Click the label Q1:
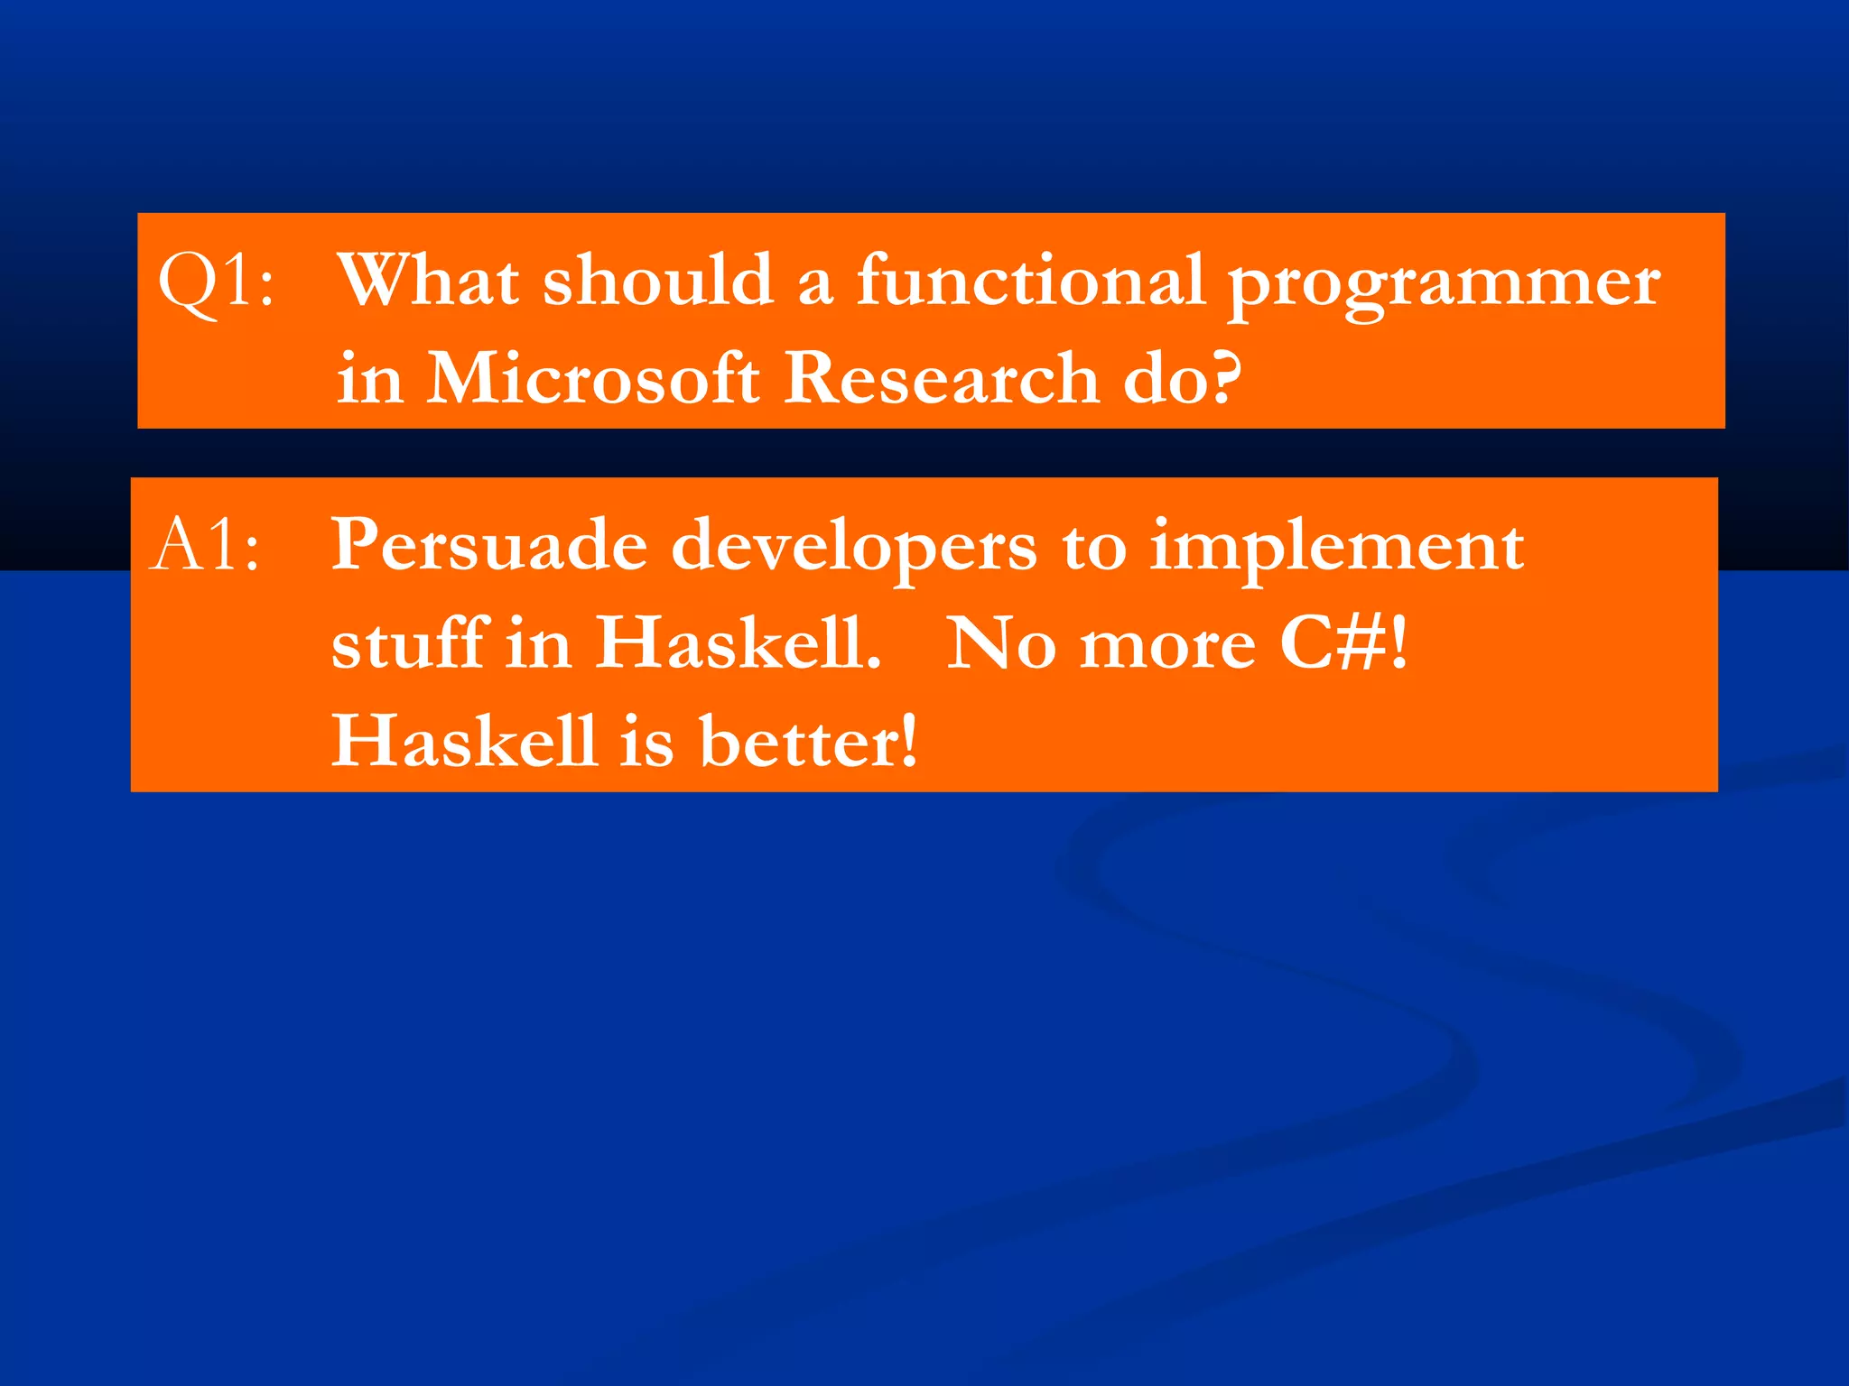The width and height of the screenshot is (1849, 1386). [216, 282]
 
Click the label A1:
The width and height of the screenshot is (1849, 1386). [207, 546]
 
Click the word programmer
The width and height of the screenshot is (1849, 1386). [1445, 285]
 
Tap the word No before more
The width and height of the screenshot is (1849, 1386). [1000, 644]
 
